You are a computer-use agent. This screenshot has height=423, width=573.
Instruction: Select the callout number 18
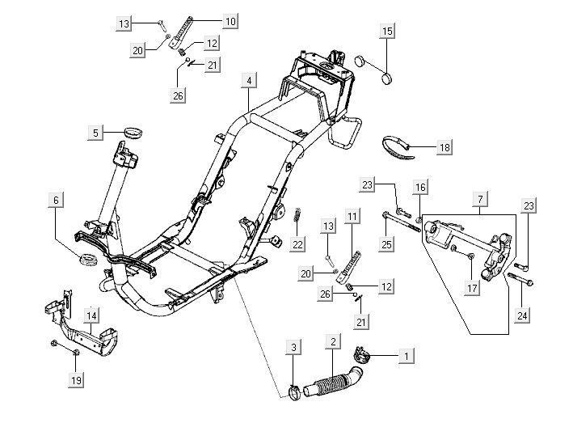coord(444,147)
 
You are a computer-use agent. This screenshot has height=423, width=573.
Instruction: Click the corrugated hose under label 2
coord(331,375)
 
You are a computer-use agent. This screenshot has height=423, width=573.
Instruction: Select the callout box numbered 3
coord(295,347)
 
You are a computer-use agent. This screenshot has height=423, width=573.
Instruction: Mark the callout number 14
coord(93,315)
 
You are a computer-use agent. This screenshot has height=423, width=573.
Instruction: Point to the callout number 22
coord(297,243)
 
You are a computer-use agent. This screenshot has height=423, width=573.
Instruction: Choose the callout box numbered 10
coord(231,22)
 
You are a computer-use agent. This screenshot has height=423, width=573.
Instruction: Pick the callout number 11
coord(352,216)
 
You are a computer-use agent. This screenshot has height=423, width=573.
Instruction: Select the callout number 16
coord(419,188)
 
